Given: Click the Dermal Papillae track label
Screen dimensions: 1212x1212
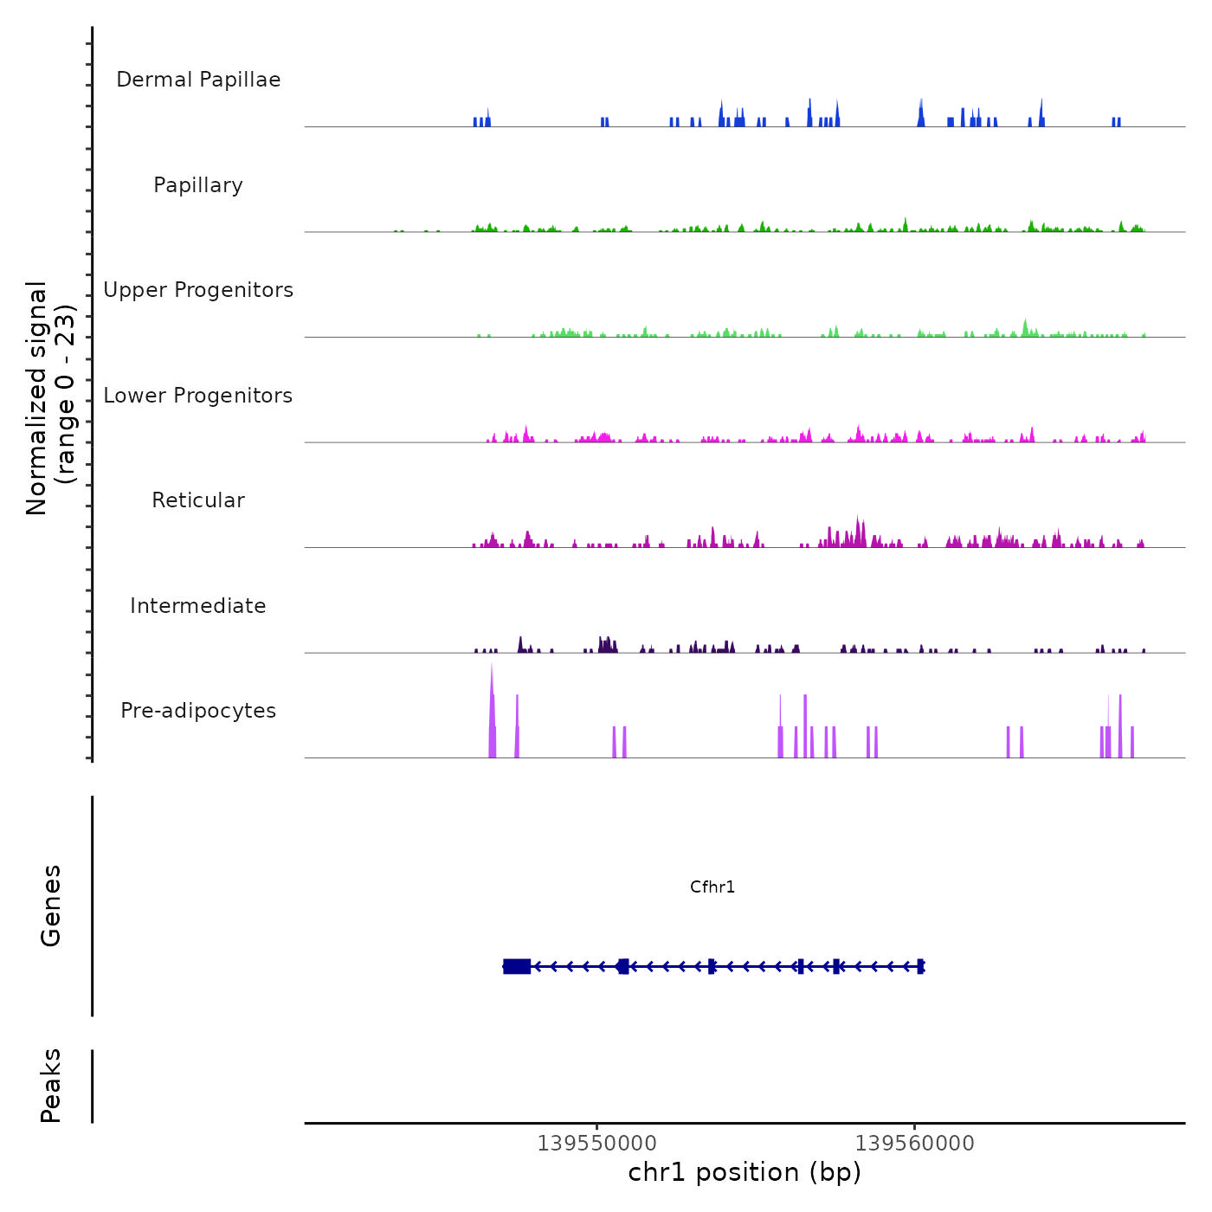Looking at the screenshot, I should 198,80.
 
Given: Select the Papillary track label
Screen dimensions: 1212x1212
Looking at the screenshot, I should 198,185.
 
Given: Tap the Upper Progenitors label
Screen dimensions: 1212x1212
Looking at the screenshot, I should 198,290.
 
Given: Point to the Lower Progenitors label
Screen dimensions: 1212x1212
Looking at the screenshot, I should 198,396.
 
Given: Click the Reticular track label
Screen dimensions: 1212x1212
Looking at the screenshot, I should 198,500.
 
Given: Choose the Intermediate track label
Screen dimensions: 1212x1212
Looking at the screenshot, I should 198,606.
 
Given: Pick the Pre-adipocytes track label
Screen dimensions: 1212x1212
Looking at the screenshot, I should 198,711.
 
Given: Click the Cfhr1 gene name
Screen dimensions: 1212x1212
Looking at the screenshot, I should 712,886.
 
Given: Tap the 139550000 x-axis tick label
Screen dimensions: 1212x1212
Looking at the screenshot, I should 596,1144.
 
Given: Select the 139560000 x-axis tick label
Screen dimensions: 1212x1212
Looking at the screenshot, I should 914,1144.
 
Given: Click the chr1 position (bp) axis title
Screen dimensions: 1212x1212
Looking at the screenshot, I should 745,1172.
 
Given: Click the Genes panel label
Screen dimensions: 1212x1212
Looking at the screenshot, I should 51,906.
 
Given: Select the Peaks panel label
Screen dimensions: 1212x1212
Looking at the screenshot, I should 51,1086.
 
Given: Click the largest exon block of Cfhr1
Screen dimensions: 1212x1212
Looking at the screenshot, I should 517,966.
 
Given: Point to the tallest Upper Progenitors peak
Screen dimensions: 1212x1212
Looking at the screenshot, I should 1025,321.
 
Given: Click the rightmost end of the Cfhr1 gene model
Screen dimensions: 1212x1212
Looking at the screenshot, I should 922,966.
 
